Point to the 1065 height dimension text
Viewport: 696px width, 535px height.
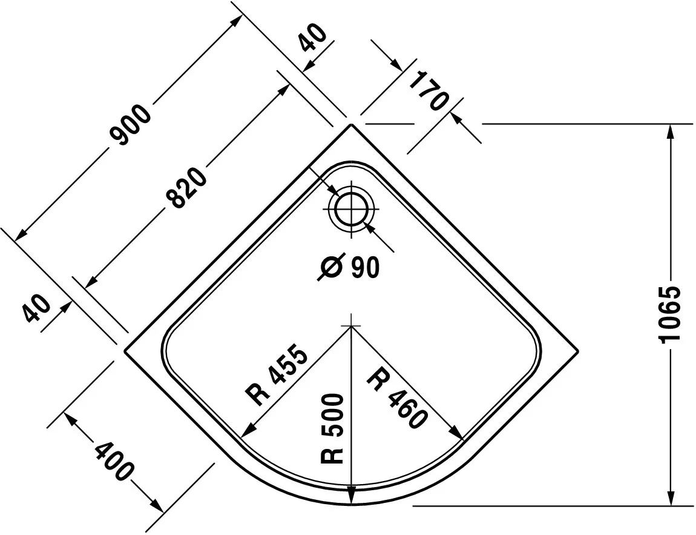click(669, 314)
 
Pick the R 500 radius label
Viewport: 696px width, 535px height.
click(332, 428)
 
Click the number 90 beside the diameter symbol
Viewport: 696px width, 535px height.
click(366, 268)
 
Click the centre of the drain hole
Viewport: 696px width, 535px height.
click(351, 210)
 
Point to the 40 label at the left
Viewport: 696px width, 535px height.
click(36, 308)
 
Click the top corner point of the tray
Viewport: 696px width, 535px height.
click(351, 124)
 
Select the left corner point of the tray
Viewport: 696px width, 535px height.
click(124, 351)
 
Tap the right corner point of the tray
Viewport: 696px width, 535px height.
click(579, 351)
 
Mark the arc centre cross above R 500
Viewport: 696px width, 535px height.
click(351, 326)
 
